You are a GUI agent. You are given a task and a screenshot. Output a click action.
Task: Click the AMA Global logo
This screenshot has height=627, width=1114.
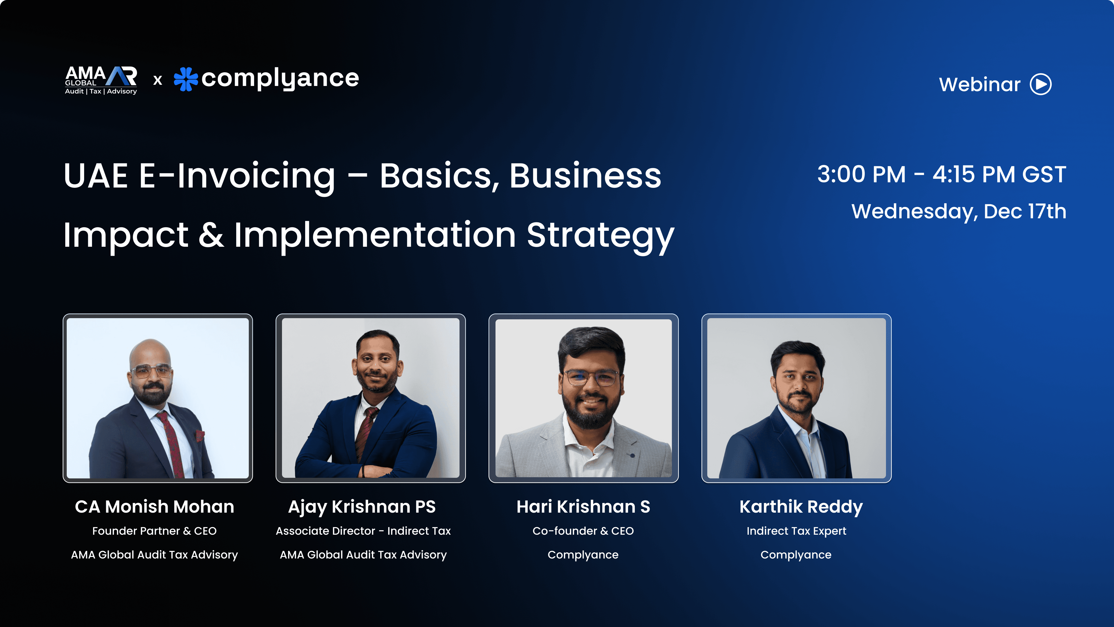click(x=101, y=80)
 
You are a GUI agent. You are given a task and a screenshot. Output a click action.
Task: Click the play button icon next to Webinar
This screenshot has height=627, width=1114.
click(x=1041, y=84)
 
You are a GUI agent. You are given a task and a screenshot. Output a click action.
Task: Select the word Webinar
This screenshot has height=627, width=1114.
click(x=979, y=84)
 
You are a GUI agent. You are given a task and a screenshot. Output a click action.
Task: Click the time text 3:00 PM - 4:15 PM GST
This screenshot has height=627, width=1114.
click(x=941, y=174)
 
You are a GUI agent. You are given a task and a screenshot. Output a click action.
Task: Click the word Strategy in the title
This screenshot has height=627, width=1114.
click(x=600, y=236)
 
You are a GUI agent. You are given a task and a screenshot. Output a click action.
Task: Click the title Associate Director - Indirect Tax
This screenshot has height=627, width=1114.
click(x=363, y=531)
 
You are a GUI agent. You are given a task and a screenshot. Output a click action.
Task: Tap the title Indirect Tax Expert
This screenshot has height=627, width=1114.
click(x=796, y=531)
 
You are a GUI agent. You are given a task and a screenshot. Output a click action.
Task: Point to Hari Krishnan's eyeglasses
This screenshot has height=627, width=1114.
click(x=591, y=378)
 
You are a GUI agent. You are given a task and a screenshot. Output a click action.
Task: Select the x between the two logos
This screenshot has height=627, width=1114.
click(x=158, y=80)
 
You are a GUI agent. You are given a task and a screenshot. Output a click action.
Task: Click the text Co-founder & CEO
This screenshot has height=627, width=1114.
click(x=583, y=531)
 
